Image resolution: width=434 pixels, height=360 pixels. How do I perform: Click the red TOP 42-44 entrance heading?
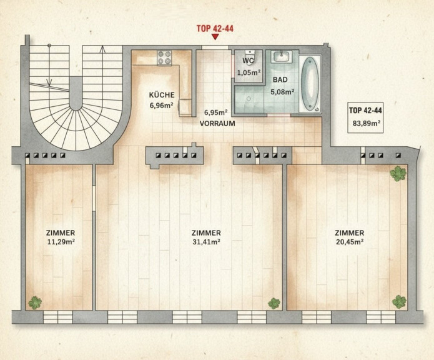point(215,29)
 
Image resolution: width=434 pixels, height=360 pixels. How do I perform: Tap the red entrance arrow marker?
point(215,37)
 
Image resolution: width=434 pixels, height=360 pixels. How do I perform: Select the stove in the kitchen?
point(164,58)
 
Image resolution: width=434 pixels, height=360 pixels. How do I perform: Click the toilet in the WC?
point(250,57)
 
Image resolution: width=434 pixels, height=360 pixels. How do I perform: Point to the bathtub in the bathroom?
point(310,84)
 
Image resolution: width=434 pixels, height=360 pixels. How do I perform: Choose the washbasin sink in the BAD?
point(282,57)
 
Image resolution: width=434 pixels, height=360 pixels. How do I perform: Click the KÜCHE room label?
point(162,95)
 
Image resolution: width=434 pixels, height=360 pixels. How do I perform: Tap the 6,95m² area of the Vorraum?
point(216,112)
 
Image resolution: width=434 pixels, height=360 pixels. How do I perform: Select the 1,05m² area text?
point(249,73)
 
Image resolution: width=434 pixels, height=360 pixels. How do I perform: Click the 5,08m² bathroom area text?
point(282,92)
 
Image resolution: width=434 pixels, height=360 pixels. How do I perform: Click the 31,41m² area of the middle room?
point(207,242)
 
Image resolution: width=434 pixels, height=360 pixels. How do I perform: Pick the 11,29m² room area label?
point(61,242)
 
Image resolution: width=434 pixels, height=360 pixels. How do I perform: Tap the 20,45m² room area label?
point(350,242)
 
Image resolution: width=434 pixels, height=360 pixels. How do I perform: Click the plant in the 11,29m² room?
point(35,302)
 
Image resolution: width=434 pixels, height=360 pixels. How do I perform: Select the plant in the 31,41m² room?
point(274,303)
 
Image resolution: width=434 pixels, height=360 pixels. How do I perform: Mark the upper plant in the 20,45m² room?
point(398,174)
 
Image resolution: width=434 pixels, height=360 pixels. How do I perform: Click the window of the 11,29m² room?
point(58,317)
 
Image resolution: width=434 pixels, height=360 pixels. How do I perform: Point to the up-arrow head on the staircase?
point(102,49)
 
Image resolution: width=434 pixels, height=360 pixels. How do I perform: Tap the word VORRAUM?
point(217,124)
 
